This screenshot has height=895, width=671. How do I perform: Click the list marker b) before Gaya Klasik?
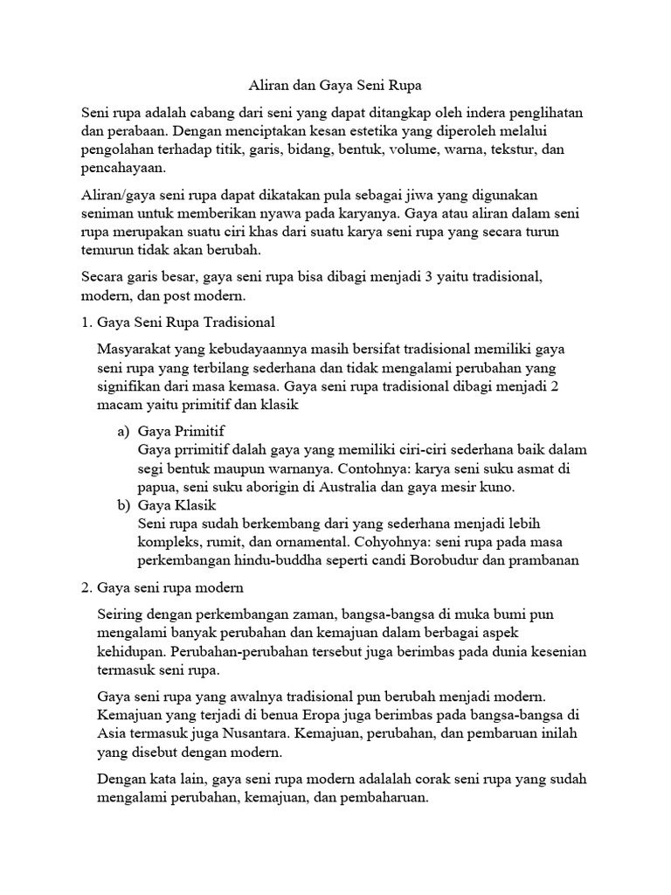click(x=123, y=505)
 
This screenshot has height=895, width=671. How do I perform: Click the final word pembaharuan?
click(x=384, y=799)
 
